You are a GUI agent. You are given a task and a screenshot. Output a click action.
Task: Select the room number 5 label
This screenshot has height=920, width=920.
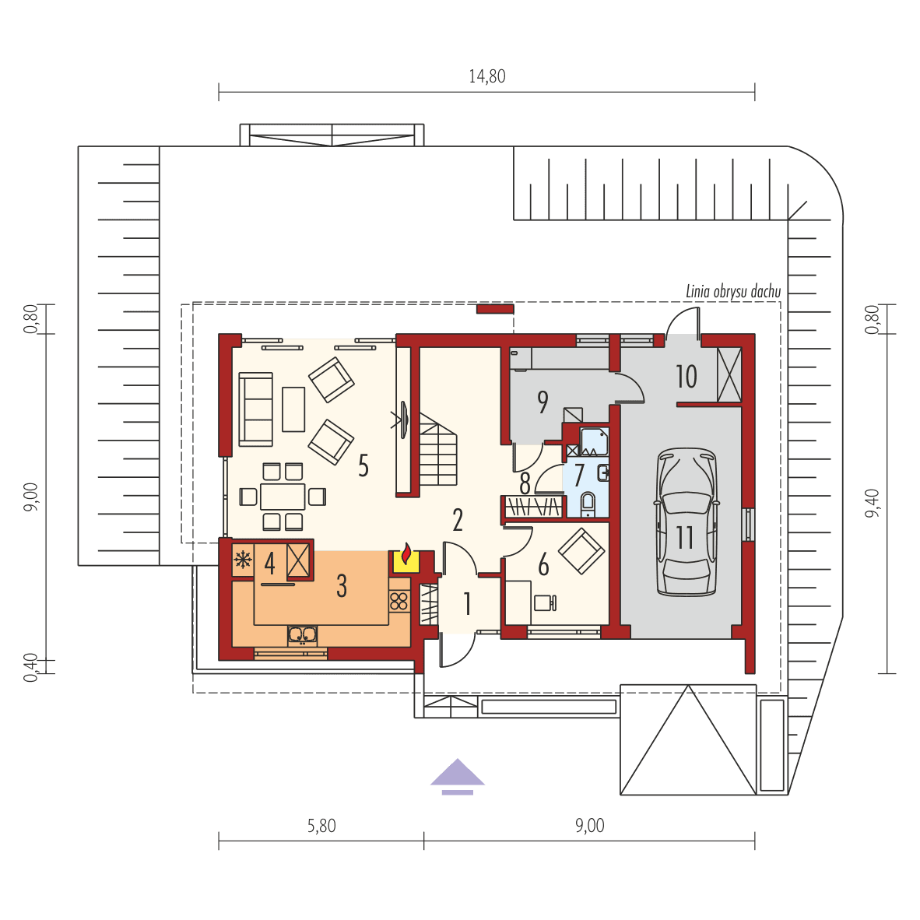[x=363, y=465]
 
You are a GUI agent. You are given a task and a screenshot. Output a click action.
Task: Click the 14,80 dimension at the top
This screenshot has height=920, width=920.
[x=486, y=76]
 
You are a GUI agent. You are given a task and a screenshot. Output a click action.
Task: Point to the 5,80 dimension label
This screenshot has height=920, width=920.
[x=321, y=826]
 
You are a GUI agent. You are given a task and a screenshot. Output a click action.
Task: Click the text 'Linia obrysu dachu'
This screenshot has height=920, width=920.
[x=732, y=292]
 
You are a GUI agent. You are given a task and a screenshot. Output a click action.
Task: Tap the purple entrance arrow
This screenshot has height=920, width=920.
[x=458, y=775]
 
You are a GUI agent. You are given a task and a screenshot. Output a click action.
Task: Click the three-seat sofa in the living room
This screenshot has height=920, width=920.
[x=255, y=409]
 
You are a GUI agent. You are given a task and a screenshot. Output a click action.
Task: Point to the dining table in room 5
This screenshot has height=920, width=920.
[x=283, y=496]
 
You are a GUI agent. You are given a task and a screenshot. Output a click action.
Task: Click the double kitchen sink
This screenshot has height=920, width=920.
[x=302, y=636]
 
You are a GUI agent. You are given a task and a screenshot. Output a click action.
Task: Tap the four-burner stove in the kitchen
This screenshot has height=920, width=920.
[x=399, y=600]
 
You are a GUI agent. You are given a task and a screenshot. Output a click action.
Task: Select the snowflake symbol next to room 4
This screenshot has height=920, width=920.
[x=243, y=559]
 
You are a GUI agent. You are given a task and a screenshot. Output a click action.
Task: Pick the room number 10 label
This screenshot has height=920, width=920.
[x=686, y=377]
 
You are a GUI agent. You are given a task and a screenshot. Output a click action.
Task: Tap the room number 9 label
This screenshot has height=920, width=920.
[x=543, y=402]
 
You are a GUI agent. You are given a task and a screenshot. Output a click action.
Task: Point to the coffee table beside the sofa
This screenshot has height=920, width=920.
[x=293, y=409]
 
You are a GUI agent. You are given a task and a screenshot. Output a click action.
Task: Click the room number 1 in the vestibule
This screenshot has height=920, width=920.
[x=467, y=603]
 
